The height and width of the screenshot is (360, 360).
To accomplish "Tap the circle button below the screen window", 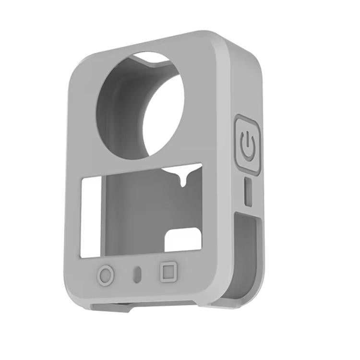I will tap(106, 276).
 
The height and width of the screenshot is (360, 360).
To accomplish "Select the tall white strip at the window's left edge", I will tap(90, 216).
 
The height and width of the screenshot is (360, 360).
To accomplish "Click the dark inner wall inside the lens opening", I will tap(118, 110).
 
